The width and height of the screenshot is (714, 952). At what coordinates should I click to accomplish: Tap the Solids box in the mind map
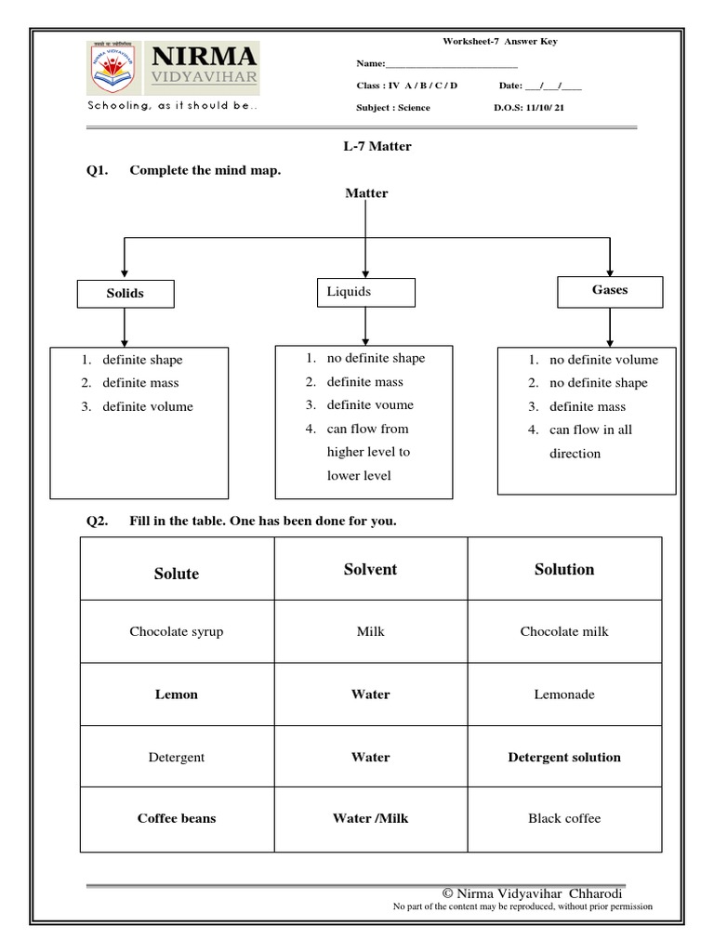point(125,293)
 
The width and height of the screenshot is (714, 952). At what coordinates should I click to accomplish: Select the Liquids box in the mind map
point(365,292)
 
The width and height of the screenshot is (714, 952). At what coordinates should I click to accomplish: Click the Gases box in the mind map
point(610,290)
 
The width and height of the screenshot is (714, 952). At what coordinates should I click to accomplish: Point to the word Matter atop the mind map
point(366,193)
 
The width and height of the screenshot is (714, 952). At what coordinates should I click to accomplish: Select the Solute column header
point(177,574)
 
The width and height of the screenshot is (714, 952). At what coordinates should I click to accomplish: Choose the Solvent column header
point(370,569)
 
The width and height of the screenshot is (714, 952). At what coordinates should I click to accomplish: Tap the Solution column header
point(564,569)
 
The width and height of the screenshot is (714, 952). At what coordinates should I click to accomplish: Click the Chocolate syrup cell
point(177,631)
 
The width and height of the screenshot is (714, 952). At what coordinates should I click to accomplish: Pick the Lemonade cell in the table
point(564,694)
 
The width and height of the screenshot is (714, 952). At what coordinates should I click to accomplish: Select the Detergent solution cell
point(564,757)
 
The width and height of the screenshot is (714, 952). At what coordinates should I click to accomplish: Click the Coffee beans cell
point(177,818)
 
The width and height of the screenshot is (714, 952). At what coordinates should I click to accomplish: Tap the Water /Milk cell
point(370,818)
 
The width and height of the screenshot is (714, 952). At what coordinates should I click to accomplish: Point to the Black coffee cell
point(564,818)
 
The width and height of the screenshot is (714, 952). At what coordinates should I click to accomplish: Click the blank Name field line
point(451,64)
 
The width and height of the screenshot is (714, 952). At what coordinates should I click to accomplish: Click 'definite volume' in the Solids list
point(148,406)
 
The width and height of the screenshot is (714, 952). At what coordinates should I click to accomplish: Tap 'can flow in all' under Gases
point(590,430)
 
